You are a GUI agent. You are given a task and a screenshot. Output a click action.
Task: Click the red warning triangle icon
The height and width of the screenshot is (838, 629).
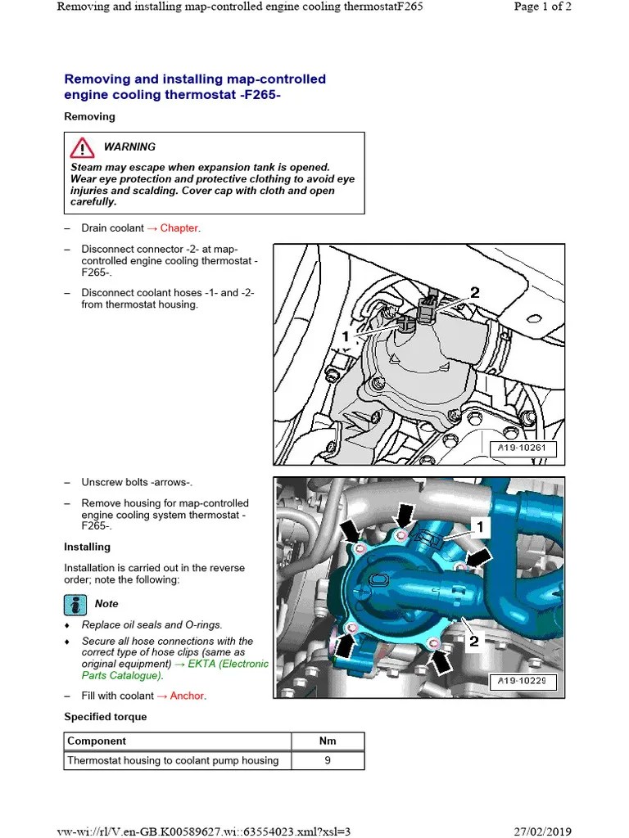pos(81,148)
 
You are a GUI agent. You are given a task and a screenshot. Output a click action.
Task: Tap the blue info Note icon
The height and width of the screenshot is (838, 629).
pos(75,604)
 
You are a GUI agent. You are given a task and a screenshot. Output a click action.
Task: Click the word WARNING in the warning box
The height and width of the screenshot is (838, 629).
pos(129,147)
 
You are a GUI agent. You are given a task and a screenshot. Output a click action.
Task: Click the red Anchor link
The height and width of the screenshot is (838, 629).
pos(188,696)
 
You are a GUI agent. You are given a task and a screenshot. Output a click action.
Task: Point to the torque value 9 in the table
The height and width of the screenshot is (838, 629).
pos(327,760)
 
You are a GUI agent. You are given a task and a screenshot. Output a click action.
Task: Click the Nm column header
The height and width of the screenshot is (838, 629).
pos(327,741)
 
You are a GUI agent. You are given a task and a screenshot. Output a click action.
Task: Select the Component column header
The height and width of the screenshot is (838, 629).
pos(97,741)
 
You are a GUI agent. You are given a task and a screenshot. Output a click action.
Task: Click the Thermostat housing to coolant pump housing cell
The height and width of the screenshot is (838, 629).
pos(173,760)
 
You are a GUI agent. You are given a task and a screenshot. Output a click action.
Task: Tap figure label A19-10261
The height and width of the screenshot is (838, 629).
pos(523,448)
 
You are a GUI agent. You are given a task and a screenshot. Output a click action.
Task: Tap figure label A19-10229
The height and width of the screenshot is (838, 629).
pos(523,681)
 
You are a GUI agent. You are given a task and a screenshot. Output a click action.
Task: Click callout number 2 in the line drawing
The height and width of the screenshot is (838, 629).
pos(475,293)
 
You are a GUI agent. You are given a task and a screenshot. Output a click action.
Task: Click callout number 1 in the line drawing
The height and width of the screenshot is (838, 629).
pos(346,336)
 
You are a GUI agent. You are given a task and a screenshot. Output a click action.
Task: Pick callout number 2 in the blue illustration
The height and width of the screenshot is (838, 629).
pos(473,642)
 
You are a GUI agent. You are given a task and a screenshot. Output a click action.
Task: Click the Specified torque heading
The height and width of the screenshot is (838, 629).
pos(106,717)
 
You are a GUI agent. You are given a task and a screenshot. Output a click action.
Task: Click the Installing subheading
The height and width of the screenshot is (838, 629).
pos(87,547)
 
